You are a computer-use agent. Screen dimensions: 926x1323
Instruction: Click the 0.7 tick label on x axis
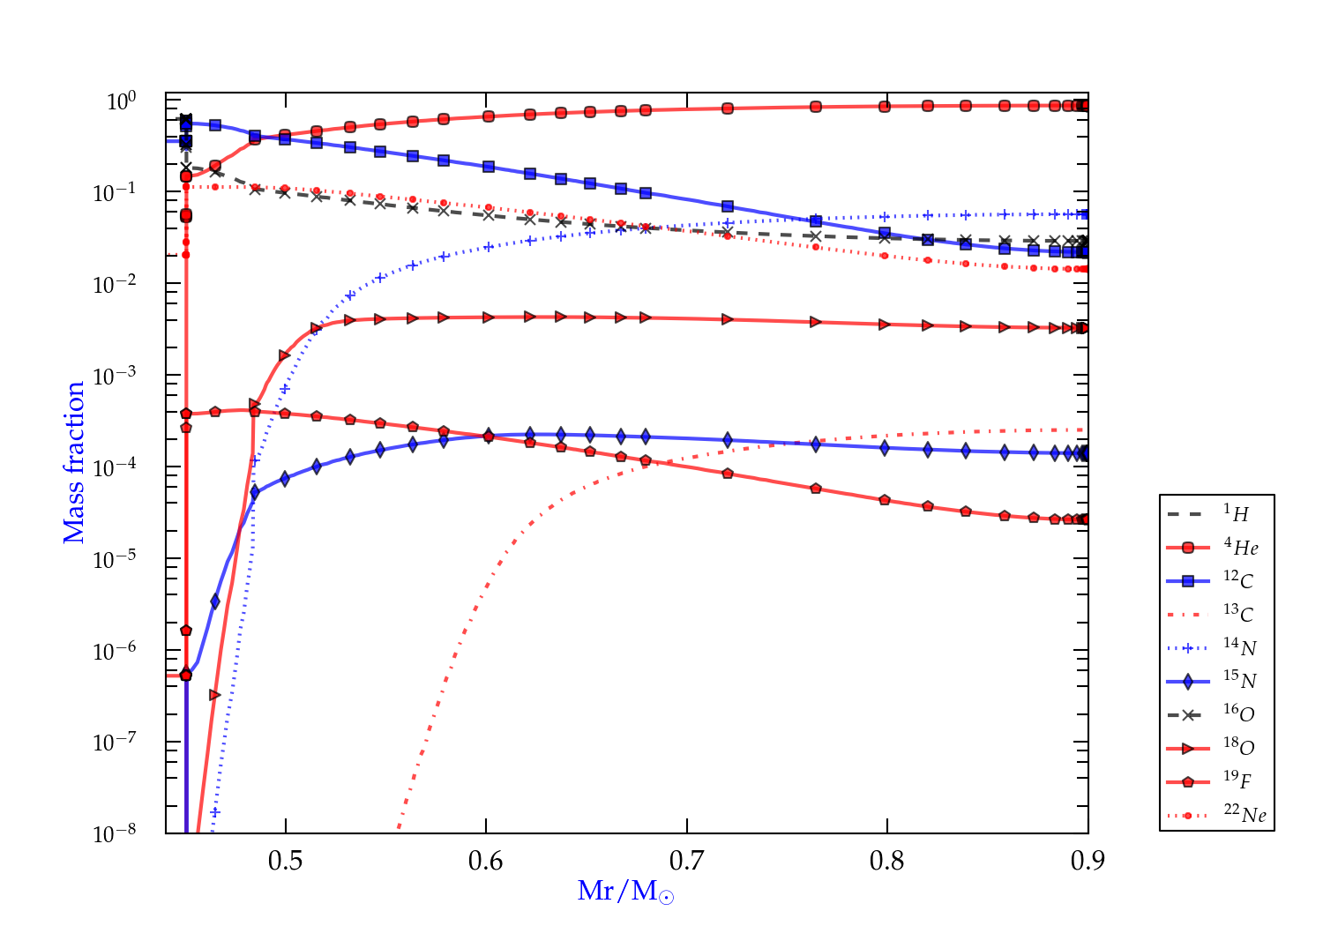point(686,861)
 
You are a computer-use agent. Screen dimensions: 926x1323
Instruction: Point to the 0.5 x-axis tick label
point(285,861)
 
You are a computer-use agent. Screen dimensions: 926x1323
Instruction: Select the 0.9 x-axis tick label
point(1088,861)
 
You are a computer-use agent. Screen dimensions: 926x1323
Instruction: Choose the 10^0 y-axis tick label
point(122,101)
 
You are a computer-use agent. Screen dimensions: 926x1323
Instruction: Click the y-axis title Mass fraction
point(74,463)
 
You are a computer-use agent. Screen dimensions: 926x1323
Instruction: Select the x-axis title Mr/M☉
point(626,892)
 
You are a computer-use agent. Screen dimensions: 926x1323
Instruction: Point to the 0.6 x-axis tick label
point(485,861)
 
